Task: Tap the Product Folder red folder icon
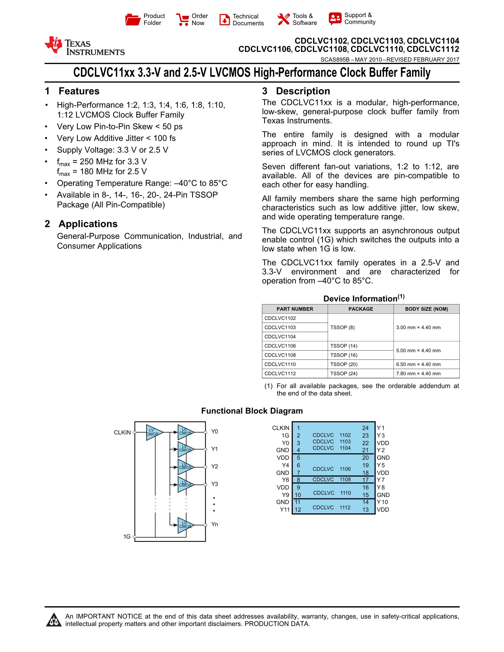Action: click(x=133, y=20)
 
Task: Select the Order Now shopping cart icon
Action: click(x=182, y=20)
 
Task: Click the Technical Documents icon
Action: click(x=224, y=20)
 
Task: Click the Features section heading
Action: click(x=79, y=91)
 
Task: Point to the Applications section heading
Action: click(x=88, y=224)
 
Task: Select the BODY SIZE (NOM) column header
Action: click(x=426, y=309)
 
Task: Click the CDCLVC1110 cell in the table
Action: click(x=280, y=364)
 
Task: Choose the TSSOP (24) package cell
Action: click(x=344, y=373)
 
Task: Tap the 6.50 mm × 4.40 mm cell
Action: click(x=418, y=364)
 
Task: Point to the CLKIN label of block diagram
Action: click(x=122, y=433)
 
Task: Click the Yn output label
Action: click(x=214, y=524)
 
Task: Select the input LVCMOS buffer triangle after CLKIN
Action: click(x=154, y=432)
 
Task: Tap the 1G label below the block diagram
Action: click(x=127, y=536)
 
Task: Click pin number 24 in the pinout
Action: click(x=365, y=428)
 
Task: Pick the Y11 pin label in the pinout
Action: click(x=285, y=510)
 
